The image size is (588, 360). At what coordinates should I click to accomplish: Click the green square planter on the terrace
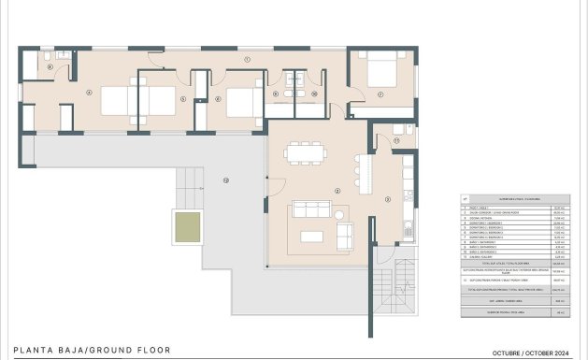click(x=188, y=225)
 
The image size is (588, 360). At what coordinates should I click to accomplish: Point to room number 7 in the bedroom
click(x=380, y=94)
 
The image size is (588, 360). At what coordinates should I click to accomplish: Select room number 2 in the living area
click(x=336, y=193)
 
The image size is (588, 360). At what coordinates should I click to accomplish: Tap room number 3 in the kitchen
click(x=388, y=198)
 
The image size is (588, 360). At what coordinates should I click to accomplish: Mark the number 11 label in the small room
click(x=395, y=140)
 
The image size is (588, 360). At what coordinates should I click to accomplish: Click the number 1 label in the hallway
click(x=247, y=59)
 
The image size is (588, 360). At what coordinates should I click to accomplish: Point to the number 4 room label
click(x=88, y=93)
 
